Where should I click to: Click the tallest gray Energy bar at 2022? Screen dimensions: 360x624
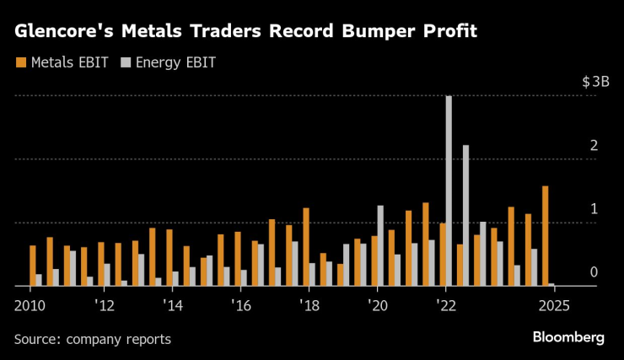pyautogui.click(x=449, y=191)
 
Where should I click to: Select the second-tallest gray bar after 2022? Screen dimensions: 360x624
pyautogui.click(x=465, y=216)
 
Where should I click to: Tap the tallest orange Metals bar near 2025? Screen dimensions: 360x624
pyautogui.click(x=545, y=236)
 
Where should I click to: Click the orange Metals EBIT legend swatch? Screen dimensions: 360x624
pyautogui.click(x=20, y=62)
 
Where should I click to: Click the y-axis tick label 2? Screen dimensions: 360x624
pyautogui.click(x=594, y=146)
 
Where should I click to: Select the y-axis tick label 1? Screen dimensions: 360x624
pyautogui.click(x=594, y=209)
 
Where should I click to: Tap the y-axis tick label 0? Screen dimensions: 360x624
pyautogui.click(x=594, y=272)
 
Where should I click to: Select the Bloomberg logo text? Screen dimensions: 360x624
pyautogui.click(x=568, y=337)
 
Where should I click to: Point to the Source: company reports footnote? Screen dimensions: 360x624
pyautogui.click(x=92, y=339)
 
